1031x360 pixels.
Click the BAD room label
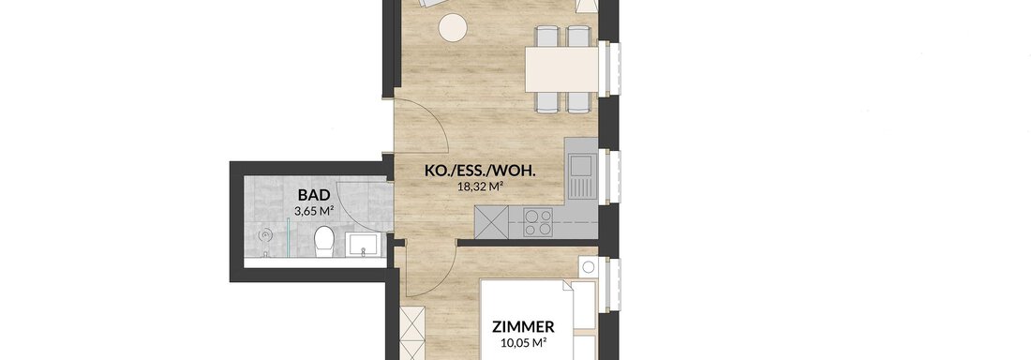315,195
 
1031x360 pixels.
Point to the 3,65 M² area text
315,211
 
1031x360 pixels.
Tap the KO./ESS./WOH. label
480,172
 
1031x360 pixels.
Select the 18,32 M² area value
480,187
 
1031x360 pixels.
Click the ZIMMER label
523,326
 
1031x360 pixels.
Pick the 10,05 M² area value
523,342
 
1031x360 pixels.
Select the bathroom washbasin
363,245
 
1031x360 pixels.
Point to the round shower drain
265,233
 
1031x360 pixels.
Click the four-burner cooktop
539,222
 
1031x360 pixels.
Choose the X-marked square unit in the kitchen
492,222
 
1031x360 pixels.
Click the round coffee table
453,27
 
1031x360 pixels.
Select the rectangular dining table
561,69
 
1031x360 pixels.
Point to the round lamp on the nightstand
588,267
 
